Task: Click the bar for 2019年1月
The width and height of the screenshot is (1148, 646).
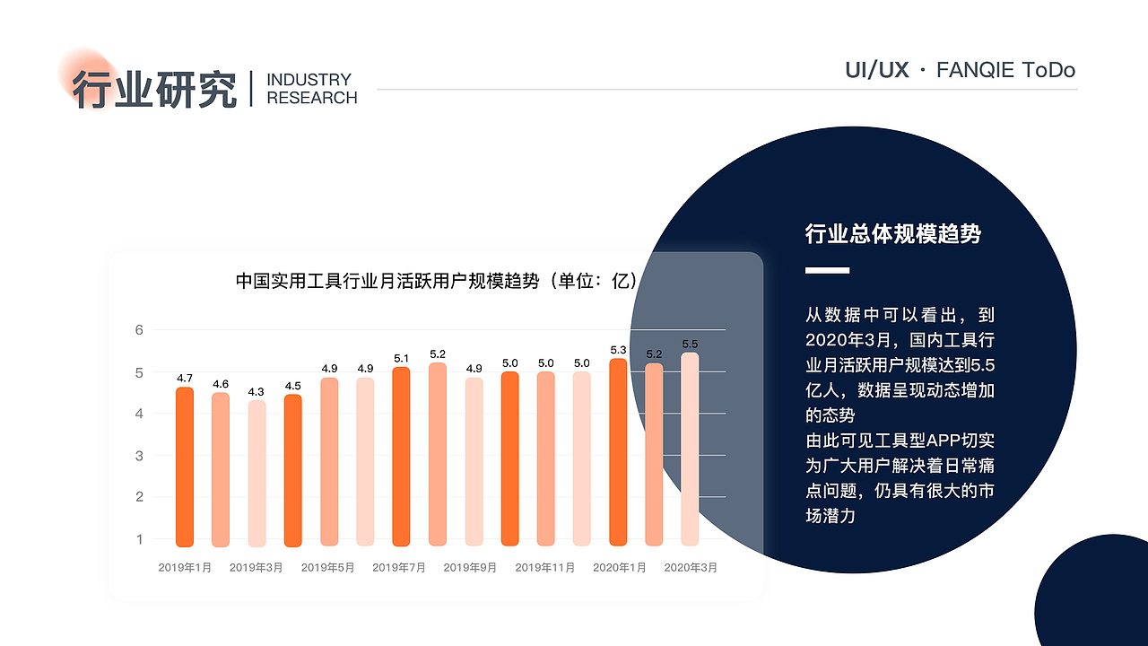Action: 185,467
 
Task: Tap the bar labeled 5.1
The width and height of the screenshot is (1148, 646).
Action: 401,457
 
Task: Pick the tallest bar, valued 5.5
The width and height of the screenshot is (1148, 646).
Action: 690,449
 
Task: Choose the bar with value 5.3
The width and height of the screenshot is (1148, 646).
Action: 618,452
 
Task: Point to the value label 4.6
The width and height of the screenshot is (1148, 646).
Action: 221,384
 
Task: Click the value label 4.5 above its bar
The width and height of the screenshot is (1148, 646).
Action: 292,387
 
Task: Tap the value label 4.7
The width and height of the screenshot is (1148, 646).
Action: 185,379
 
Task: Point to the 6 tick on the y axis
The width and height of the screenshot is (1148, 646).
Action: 139,330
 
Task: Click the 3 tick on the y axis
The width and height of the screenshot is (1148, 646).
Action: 139,456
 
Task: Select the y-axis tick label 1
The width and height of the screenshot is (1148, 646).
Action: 139,539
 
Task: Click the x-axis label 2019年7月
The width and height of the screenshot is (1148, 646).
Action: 399,567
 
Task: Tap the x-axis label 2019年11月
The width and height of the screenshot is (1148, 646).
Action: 545,567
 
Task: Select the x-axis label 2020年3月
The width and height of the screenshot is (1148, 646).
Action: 691,567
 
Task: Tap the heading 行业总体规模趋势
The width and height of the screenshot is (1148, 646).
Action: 893,234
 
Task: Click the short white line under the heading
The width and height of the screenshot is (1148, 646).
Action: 827,270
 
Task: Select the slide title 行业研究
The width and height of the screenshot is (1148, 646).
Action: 154,89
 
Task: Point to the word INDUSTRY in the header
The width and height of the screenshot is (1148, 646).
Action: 309,80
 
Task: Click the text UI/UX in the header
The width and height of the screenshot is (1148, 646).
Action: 877,70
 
